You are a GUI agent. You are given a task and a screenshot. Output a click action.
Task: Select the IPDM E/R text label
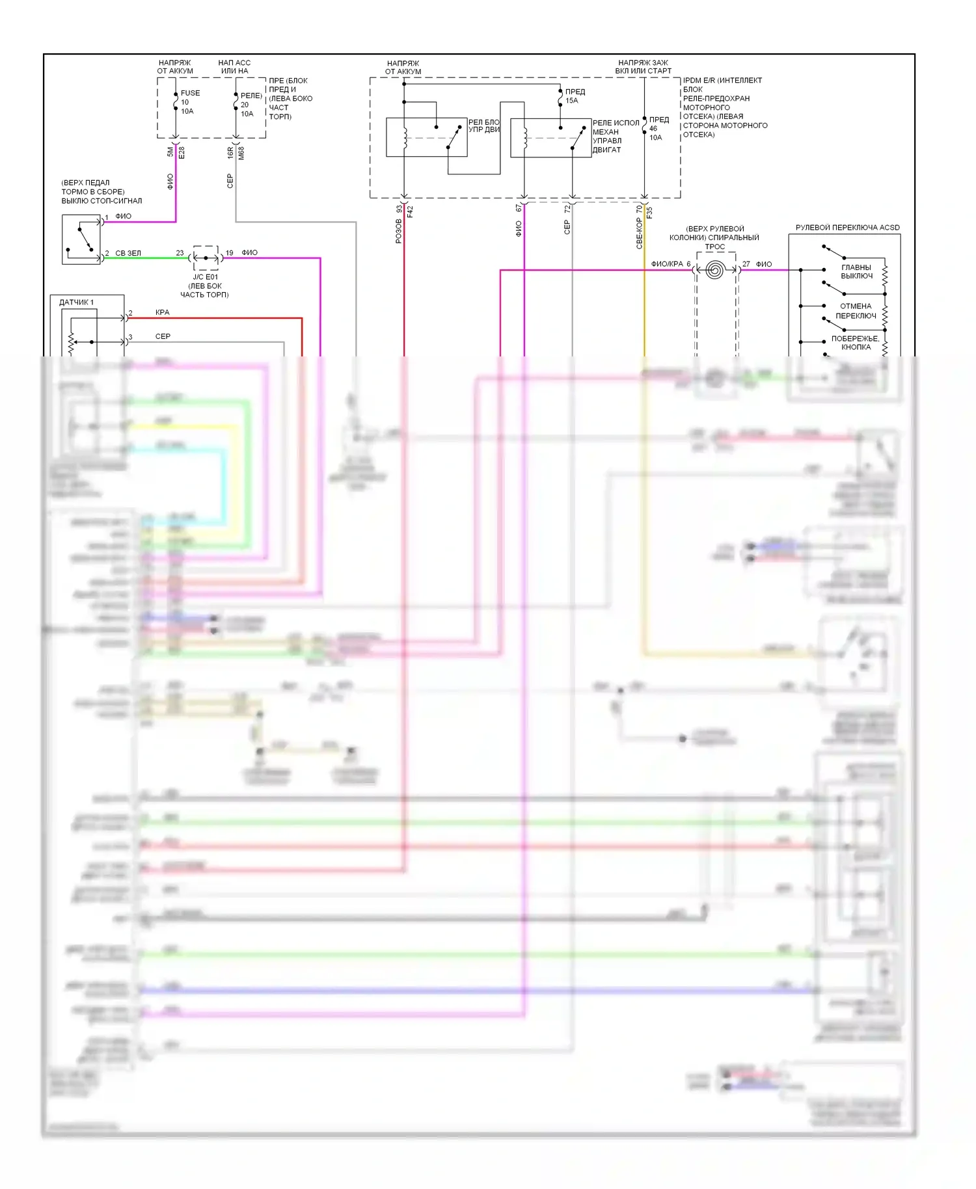[722, 81]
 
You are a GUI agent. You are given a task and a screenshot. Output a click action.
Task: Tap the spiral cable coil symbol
[714, 270]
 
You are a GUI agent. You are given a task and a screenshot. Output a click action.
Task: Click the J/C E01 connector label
[205, 277]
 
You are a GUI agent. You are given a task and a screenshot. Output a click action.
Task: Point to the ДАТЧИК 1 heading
[76, 302]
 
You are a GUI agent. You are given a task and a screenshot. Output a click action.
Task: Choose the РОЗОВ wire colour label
[398, 231]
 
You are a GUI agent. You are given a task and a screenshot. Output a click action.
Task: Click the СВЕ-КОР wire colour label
[639, 233]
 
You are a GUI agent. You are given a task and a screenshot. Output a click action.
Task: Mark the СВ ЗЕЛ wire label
[128, 253]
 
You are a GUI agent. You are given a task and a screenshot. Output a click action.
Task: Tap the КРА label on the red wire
[162, 312]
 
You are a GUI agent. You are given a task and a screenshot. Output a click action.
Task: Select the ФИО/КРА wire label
[667, 264]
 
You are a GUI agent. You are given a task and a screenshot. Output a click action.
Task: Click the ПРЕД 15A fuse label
[575, 96]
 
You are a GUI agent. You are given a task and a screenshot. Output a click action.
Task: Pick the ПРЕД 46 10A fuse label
[658, 128]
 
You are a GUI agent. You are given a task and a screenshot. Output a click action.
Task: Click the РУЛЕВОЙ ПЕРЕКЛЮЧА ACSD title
[847, 228]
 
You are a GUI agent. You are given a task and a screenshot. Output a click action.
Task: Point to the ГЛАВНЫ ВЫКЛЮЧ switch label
[856, 271]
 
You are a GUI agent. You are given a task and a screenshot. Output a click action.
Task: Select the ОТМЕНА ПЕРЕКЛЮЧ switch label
[856, 311]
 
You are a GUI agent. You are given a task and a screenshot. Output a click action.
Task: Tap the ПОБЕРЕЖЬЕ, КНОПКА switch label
[855, 343]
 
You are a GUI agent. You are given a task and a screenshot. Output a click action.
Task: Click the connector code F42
[410, 211]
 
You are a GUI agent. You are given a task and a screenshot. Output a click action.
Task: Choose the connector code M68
[241, 154]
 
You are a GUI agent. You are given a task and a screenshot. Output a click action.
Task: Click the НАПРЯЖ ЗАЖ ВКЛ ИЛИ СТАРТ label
[643, 67]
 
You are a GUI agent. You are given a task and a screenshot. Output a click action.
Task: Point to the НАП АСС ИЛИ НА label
[234, 67]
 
